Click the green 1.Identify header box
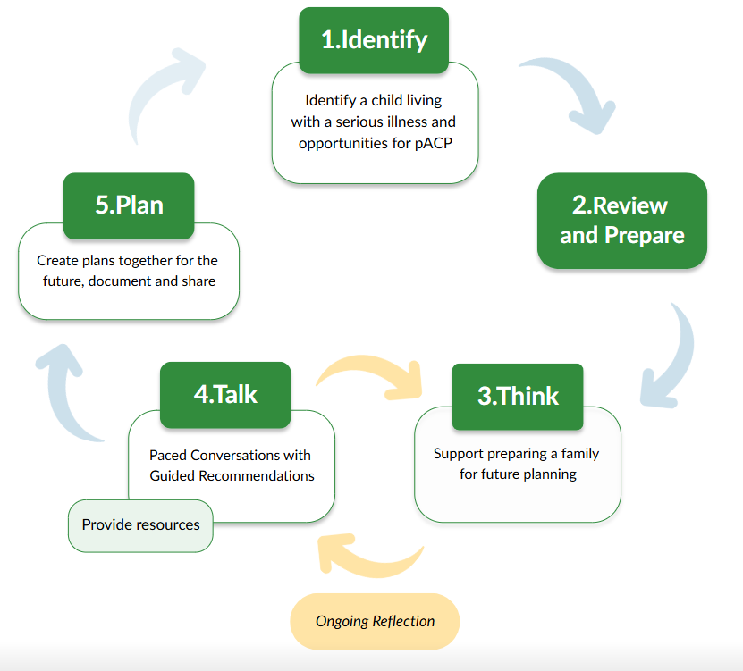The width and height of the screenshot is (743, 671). tap(374, 39)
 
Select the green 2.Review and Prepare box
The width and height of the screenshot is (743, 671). tap(621, 220)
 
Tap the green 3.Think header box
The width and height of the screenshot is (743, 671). tap(518, 396)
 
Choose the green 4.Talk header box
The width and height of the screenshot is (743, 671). tap(225, 394)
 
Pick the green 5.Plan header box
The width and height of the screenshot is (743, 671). tap(129, 205)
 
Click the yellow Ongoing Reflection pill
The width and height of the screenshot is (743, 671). tap(375, 621)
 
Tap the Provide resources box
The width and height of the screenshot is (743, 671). tap(140, 524)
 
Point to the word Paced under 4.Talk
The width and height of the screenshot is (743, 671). tap(169, 454)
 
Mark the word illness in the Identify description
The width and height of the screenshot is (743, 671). tap(406, 122)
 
